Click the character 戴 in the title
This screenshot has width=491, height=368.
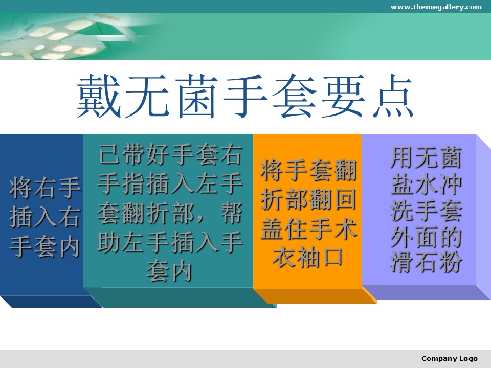click(99, 96)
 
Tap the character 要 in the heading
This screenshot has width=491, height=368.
click(344, 96)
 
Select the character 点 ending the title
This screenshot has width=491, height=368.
click(392, 96)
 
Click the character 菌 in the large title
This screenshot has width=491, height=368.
click(197, 96)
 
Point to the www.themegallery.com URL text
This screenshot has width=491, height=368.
click(436, 7)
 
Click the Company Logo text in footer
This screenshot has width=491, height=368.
click(450, 359)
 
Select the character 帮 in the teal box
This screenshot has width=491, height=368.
click(231, 213)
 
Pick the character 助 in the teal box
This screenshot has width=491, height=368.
click(109, 242)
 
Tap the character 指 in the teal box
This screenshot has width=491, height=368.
click(133, 183)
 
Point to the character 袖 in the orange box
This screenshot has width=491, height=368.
click(308, 258)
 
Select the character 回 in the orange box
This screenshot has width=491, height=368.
click(345, 199)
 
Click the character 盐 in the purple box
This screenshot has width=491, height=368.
click(403, 184)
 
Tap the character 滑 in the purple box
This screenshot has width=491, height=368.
click(403, 262)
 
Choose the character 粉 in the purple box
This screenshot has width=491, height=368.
click(451, 262)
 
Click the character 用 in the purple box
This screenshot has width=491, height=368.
click(403, 158)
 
